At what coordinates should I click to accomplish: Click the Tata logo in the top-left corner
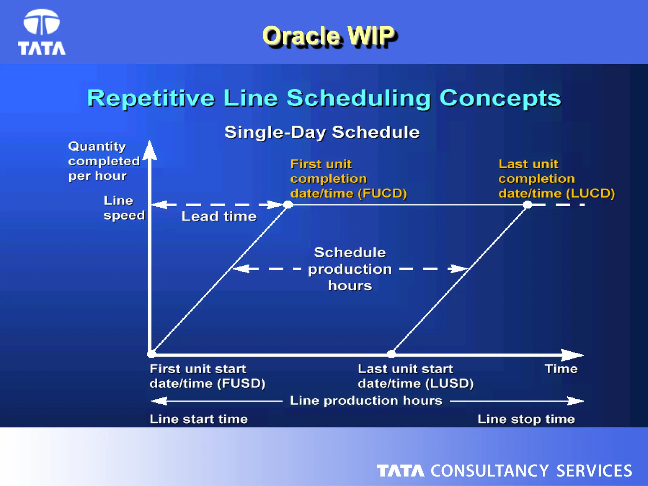click(41, 32)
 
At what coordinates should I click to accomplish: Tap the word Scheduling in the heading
click(359, 98)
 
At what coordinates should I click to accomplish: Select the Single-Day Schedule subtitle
click(322, 132)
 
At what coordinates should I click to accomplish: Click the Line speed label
click(123, 208)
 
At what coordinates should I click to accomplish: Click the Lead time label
click(219, 217)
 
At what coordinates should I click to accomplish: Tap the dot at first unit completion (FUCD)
click(288, 205)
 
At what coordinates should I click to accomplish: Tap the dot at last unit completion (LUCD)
click(527, 205)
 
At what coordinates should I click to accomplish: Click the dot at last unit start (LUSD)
click(391, 354)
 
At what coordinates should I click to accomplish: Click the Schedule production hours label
click(350, 269)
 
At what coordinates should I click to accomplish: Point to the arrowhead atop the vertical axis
click(150, 150)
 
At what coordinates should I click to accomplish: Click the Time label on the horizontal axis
click(561, 369)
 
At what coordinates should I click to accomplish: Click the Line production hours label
click(366, 401)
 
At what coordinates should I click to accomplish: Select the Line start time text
click(199, 419)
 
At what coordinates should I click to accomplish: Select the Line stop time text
click(526, 419)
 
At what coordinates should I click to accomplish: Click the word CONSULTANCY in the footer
click(489, 471)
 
